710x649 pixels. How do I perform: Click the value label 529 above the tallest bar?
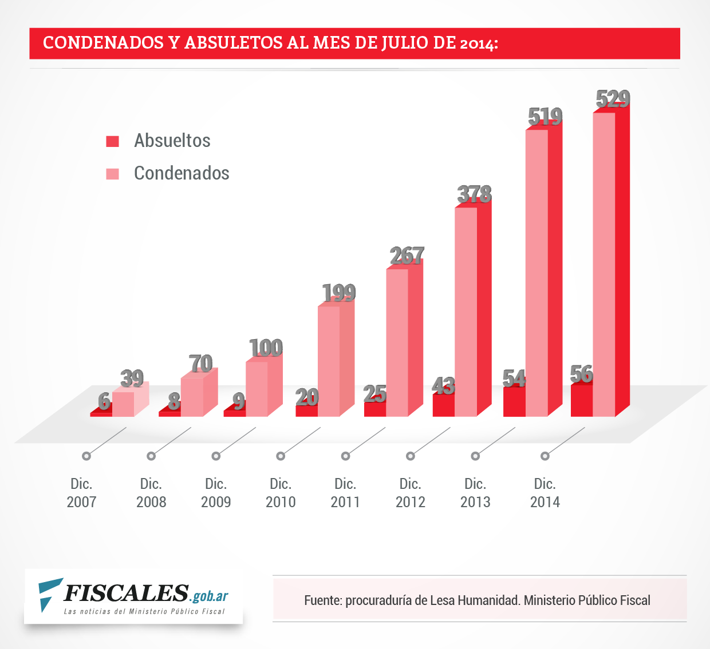613,99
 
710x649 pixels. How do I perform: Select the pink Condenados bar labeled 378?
466,312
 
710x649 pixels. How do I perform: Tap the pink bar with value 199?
329,361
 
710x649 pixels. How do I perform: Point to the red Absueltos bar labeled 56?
582,400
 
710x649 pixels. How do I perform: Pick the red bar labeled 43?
443,405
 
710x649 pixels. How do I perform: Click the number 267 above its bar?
407,256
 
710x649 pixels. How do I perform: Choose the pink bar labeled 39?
123,404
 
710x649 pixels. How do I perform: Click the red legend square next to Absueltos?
113,141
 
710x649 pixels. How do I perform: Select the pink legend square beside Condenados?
113,174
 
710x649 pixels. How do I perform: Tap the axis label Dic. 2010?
281,493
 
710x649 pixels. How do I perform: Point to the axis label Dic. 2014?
545,493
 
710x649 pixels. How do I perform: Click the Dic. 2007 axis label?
81,493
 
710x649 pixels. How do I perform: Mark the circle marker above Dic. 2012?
410,456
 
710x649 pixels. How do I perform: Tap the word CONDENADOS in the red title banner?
104,43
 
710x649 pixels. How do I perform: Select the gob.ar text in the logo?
210,596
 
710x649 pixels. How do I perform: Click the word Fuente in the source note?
322,600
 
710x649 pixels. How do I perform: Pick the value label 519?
545,117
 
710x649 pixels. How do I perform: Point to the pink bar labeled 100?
257,389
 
